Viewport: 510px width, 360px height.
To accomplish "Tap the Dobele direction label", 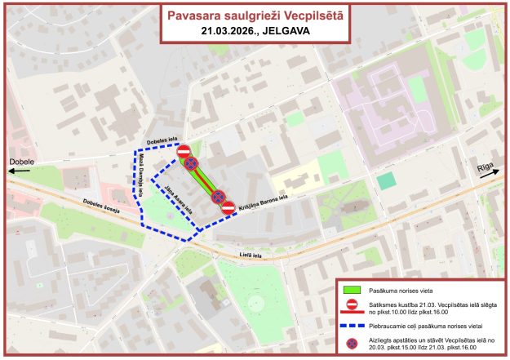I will pyautogui.click(x=21, y=162).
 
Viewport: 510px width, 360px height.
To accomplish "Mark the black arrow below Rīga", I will pyautogui.click(x=489, y=180).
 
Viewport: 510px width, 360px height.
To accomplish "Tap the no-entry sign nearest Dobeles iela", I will pyautogui.click(x=184, y=151).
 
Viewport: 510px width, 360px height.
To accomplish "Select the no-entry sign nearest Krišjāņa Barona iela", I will pyautogui.click(x=228, y=207).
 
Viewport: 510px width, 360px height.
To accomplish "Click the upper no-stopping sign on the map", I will pyautogui.click(x=190, y=164).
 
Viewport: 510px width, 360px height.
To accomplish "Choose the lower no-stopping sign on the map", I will pyautogui.click(x=218, y=197).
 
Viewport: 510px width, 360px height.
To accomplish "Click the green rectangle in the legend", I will pyautogui.click(x=352, y=288).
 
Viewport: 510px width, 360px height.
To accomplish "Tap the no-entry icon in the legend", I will pyautogui.click(x=352, y=304).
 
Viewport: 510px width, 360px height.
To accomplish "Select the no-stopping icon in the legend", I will pyautogui.click(x=352, y=343).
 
